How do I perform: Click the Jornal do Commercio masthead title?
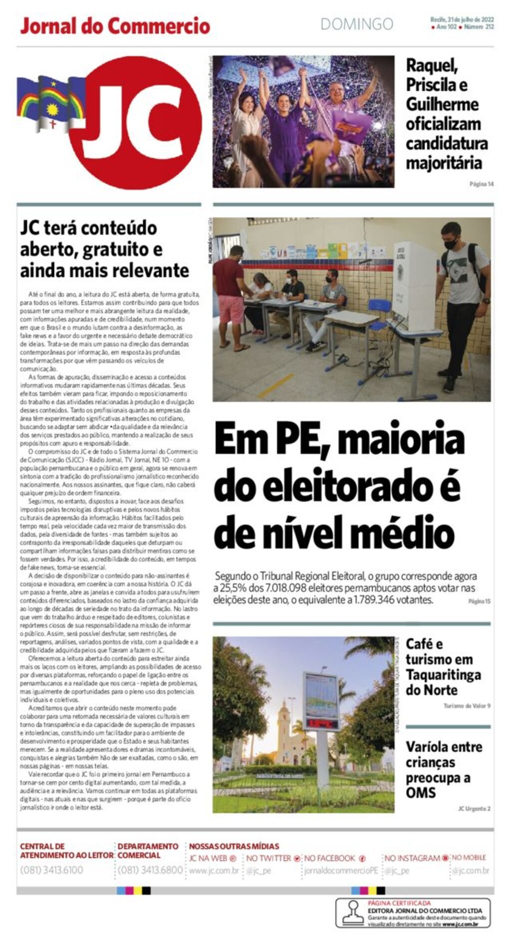point(115,26)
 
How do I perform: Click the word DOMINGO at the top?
point(356,24)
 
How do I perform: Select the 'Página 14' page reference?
point(481,184)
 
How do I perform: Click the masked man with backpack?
point(462,295)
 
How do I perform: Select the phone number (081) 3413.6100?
point(52,870)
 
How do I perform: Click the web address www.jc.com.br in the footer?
point(214,870)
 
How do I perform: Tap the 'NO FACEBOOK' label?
point(330,858)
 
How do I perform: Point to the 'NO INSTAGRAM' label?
point(412,858)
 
